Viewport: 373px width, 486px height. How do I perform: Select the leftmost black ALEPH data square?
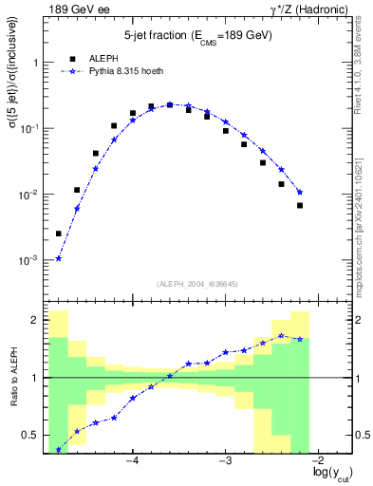[x=59, y=234]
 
